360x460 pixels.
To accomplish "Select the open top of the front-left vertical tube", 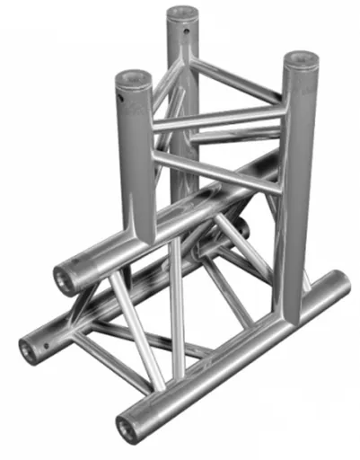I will pos(132,80).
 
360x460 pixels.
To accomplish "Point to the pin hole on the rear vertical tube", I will pos(187,30).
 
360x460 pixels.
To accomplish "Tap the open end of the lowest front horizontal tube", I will pos(128,428).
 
